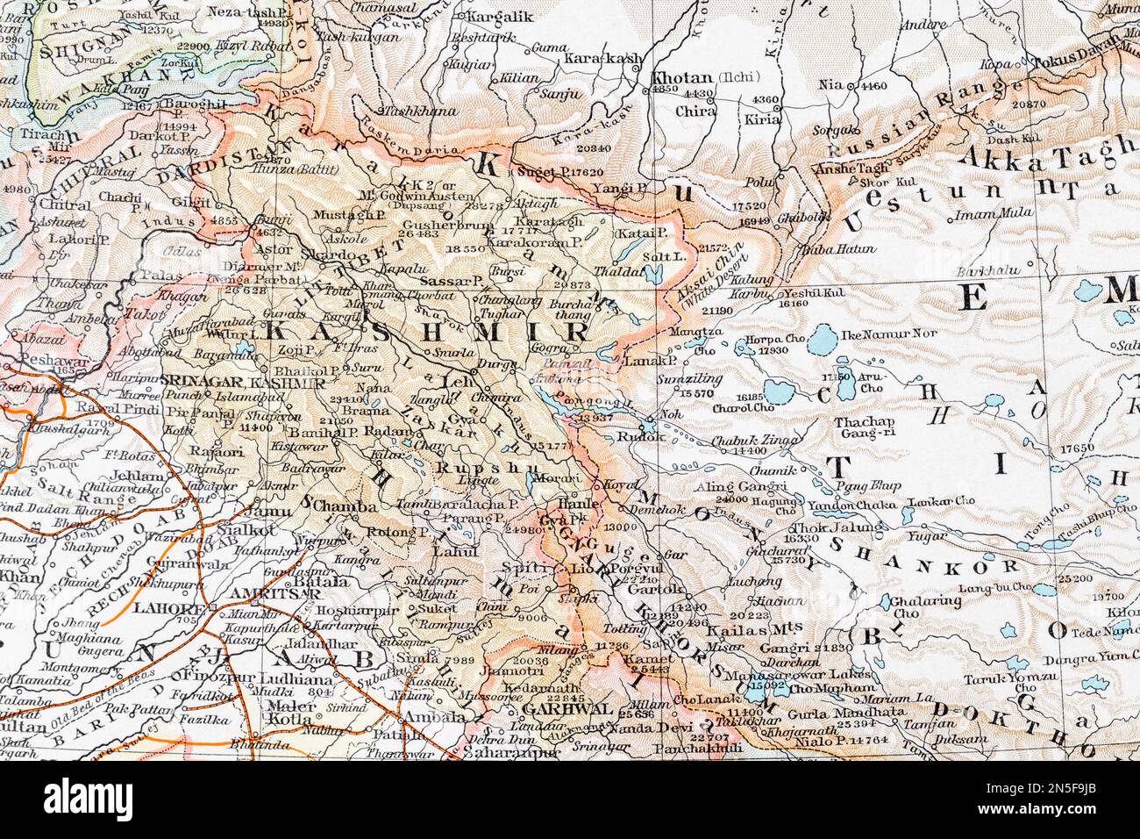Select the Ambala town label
click(435, 716)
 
